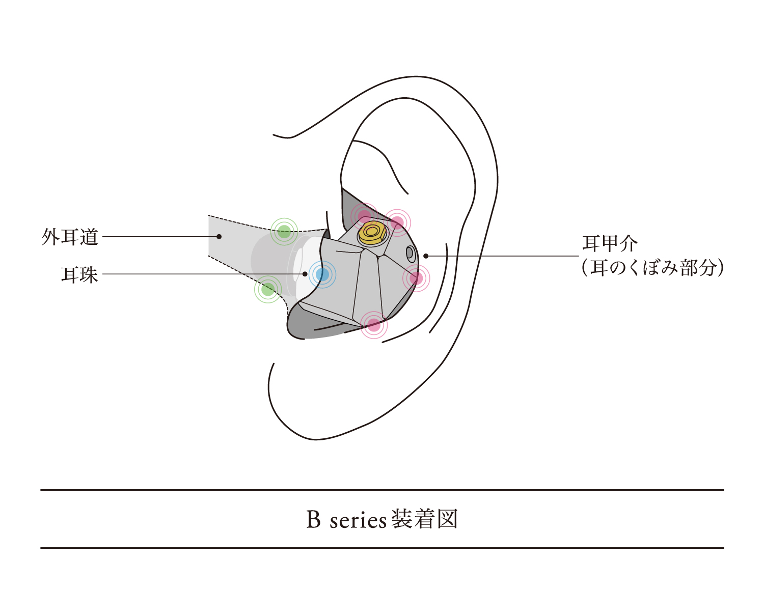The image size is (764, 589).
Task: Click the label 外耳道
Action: [x=70, y=237]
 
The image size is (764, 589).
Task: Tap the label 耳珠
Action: [x=79, y=275]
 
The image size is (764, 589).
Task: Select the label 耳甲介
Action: [x=610, y=243]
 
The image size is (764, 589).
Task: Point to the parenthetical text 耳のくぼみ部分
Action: [x=653, y=268]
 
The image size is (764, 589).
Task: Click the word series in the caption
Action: [x=358, y=521]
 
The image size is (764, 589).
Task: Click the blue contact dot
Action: [x=322, y=274]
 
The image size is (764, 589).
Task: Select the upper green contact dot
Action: [x=284, y=231]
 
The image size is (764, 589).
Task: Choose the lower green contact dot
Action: [x=268, y=289]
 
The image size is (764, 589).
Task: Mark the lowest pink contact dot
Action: [x=374, y=325]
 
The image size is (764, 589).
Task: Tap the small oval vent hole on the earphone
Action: [x=411, y=253]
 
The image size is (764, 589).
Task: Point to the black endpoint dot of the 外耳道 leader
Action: [x=219, y=237]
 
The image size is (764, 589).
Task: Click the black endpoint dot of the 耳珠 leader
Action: [x=305, y=274]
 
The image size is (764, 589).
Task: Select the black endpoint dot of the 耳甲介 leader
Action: [x=426, y=256]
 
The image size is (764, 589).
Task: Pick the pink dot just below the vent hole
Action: [x=416, y=278]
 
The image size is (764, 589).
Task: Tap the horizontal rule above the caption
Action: [x=382, y=490]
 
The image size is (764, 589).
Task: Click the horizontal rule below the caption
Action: [x=382, y=548]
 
